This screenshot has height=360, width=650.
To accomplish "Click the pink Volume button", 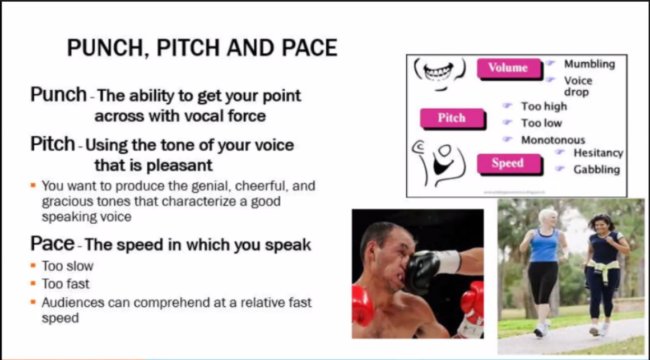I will click(x=508, y=68).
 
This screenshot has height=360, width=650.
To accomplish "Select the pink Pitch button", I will click(x=452, y=118).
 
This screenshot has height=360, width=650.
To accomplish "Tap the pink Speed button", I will click(x=508, y=163).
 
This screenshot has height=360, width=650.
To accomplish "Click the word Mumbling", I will click(x=589, y=64).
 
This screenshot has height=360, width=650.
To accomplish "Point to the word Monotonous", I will click(x=552, y=140).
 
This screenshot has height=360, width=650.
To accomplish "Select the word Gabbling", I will click(x=596, y=169).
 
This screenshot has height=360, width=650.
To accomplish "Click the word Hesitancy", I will click(x=598, y=153).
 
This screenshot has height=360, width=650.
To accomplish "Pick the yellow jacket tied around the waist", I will click(x=602, y=264).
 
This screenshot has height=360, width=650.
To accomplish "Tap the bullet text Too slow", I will click(x=67, y=266).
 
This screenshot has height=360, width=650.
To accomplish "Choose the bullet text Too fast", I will click(x=66, y=284).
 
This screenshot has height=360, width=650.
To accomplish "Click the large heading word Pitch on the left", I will click(x=52, y=144).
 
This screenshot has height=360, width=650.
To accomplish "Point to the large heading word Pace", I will click(x=52, y=244).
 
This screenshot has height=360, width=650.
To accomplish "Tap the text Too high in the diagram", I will click(x=544, y=107).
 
